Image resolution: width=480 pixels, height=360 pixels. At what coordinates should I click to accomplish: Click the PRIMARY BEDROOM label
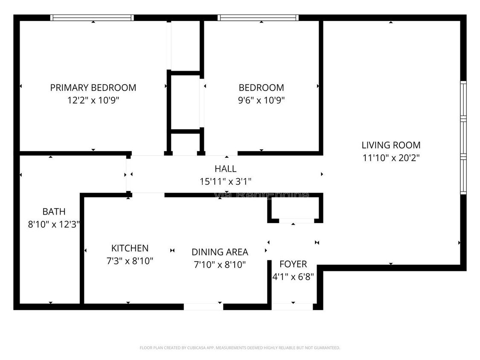click(93, 88)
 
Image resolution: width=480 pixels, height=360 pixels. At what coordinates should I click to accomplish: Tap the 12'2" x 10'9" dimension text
click(93, 100)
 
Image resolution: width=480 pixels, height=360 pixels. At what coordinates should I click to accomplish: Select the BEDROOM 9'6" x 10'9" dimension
click(261, 100)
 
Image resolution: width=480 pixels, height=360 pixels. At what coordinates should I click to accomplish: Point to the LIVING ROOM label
click(391, 145)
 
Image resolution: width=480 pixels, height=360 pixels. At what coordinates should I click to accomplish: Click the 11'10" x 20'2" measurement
click(391, 158)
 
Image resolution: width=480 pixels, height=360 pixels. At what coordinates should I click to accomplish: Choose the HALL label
click(225, 169)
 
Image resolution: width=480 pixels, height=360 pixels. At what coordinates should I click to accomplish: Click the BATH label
click(54, 212)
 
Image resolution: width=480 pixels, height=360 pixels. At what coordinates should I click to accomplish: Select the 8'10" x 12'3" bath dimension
click(54, 224)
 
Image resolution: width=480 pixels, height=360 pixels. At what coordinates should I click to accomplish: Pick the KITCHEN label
click(130, 248)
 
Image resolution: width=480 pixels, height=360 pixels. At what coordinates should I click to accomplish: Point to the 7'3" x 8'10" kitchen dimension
click(130, 261)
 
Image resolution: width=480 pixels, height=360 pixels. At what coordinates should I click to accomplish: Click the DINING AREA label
click(219, 252)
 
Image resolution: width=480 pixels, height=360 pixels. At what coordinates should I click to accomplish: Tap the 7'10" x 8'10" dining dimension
click(219, 265)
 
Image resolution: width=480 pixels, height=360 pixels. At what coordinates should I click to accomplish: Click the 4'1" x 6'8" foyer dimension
click(293, 276)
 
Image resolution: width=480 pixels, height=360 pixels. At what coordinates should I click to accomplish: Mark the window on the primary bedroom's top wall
click(92, 18)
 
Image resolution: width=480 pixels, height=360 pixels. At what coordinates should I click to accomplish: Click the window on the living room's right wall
click(463, 137)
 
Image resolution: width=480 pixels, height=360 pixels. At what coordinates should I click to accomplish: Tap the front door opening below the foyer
click(293, 307)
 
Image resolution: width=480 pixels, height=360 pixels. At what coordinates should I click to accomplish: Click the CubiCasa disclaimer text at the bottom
click(240, 348)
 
